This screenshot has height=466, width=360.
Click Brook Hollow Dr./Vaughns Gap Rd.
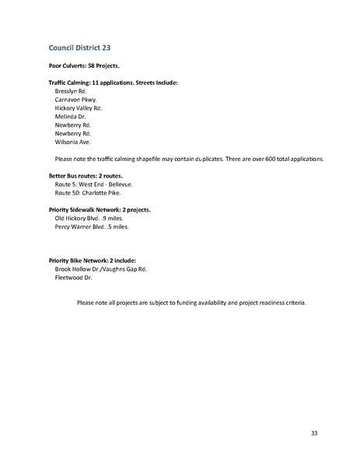pos(101,268)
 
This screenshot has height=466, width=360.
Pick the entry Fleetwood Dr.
pos(74,277)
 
